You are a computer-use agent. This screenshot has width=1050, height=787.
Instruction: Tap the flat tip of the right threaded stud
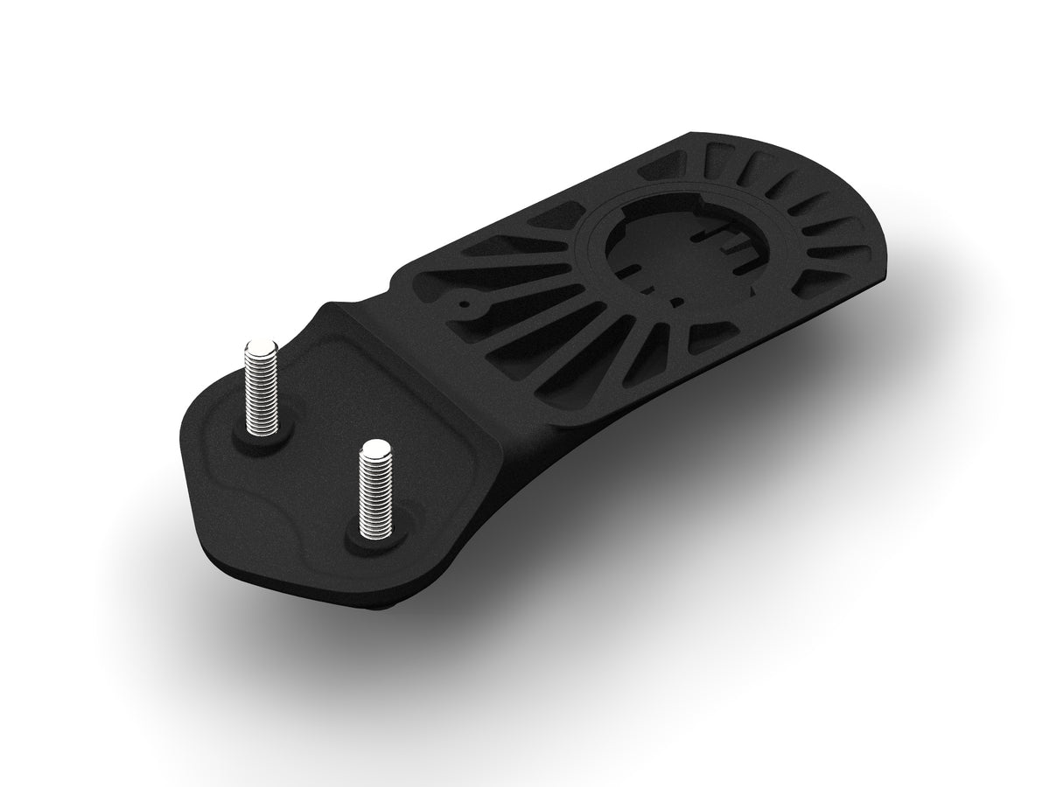click(374, 449)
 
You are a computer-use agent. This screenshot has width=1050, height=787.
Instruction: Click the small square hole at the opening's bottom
click(675, 303)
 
